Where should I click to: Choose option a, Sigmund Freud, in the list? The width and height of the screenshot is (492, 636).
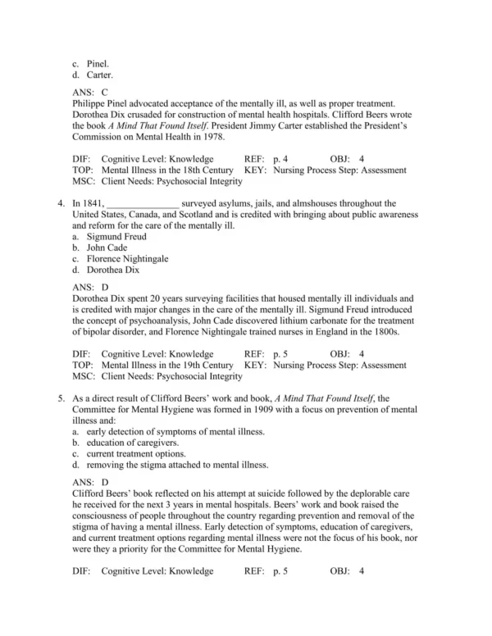[x=117, y=236]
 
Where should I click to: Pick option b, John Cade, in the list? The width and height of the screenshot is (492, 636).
[x=106, y=247]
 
